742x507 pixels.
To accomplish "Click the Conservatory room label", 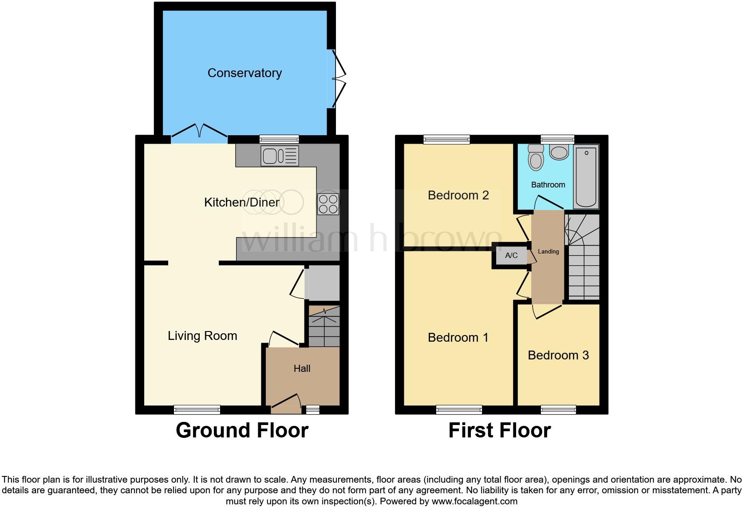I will pyautogui.click(x=245, y=73).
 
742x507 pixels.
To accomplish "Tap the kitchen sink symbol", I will pyautogui.click(x=280, y=156).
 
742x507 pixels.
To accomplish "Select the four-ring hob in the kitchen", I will pyautogui.click(x=328, y=204).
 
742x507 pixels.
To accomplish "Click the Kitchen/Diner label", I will pyautogui.click(x=241, y=203).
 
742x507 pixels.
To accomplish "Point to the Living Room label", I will pyautogui.click(x=202, y=336).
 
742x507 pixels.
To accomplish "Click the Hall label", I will pyautogui.click(x=302, y=368).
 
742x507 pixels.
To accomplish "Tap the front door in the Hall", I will pyautogui.click(x=286, y=401).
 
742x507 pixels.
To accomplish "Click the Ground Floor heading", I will pyautogui.click(x=242, y=430).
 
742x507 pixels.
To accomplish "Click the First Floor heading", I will pyautogui.click(x=499, y=430).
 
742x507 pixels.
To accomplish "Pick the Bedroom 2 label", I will pyautogui.click(x=458, y=195).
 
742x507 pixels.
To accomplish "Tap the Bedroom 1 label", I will pyautogui.click(x=458, y=338).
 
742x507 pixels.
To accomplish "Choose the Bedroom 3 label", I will pyautogui.click(x=558, y=355).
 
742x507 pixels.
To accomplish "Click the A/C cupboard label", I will pyautogui.click(x=511, y=256).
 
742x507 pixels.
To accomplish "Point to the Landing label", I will pyautogui.click(x=549, y=252).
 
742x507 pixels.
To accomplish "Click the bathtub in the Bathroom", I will pyautogui.click(x=586, y=177).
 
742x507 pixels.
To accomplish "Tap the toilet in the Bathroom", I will pyautogui.click(x=536, y=159).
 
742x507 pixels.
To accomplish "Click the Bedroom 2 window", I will pyautogui.click(x=446, y=140).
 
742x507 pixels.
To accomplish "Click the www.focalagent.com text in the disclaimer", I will pyautogui.click(x=474, y=502).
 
